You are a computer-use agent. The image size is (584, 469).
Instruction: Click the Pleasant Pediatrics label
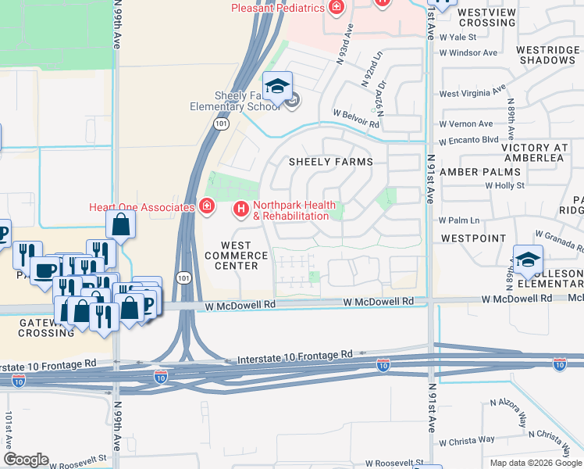278,9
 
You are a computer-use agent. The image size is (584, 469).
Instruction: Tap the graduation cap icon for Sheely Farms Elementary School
276,88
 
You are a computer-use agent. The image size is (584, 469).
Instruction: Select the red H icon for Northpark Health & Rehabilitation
241,209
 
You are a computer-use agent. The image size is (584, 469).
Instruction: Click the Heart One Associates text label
141,207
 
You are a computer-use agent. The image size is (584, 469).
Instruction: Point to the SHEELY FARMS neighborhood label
331,162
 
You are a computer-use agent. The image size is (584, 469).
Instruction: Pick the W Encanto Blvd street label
468,140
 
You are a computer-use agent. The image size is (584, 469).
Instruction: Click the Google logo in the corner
26,460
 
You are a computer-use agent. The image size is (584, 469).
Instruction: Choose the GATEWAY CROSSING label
46,327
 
